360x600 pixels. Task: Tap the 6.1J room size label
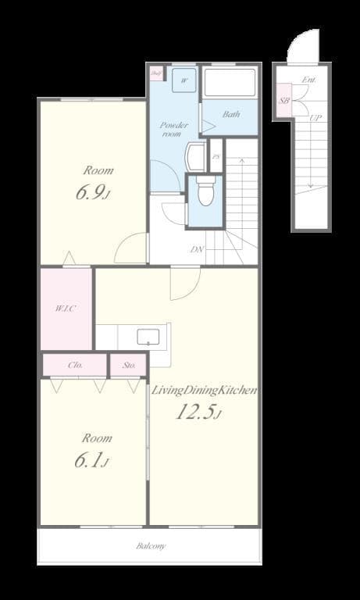(x=91, y=462)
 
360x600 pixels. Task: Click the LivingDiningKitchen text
(x=205, y=390)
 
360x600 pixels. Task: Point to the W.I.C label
(x=66, y=308)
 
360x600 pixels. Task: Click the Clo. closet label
(x=75, y=365)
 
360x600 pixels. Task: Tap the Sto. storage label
(x=128, y=365)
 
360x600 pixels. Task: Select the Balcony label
(x=151, y=546)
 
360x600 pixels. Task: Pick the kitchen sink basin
(x=148, y=337)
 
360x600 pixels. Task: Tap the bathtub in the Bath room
(x=230, y=84)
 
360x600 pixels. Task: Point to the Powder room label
(x=170, y=129)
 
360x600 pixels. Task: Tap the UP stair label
(x=315, y=118)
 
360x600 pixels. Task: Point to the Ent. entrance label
(x=309, y=80)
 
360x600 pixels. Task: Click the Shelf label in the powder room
(x=155, y=74)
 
